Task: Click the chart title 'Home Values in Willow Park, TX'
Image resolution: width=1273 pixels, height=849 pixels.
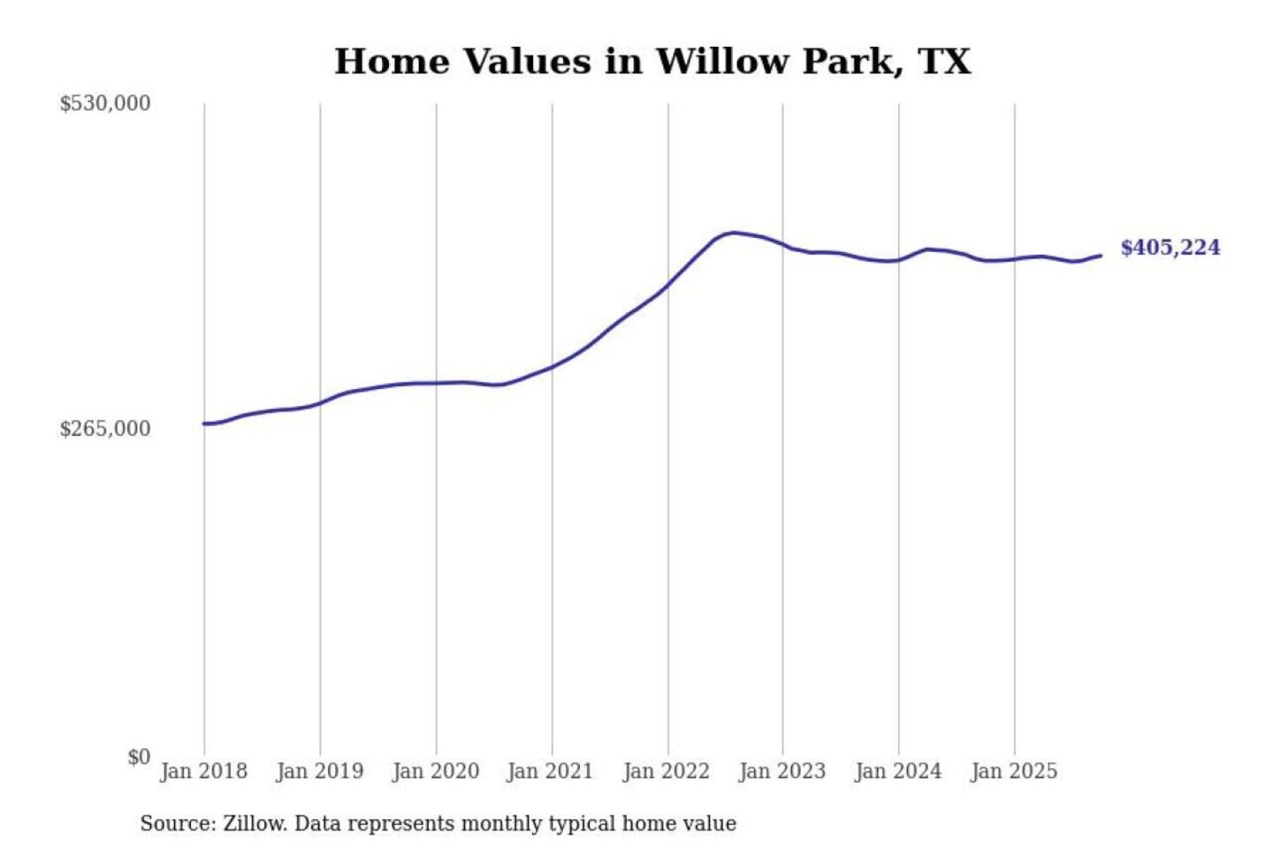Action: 652,62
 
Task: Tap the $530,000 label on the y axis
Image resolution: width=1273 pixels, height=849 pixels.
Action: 105,103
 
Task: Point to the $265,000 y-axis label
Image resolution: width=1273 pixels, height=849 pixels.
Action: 105,429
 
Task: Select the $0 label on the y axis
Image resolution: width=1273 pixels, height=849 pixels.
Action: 139,757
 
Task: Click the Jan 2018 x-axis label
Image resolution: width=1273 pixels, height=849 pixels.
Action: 203,771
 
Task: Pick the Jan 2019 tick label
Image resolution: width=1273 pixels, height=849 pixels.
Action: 319,771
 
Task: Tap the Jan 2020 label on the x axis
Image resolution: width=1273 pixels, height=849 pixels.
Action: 435,771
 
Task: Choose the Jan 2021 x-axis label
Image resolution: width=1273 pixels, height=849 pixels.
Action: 550,771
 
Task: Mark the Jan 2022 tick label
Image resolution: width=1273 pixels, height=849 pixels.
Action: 666,771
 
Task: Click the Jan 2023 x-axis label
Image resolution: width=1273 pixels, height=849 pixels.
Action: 781,771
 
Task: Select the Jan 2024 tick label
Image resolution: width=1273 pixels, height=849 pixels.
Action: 897,771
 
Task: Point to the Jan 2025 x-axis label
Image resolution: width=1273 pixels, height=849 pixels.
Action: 1013,771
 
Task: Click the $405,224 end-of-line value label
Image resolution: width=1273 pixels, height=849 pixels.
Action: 1170,248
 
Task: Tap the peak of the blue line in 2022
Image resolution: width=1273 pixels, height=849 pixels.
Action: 734,233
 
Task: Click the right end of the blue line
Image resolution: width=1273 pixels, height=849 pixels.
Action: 1101,256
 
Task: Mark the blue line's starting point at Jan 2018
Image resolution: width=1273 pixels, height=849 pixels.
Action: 204,424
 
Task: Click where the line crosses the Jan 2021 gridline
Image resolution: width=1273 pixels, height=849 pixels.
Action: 552,366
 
